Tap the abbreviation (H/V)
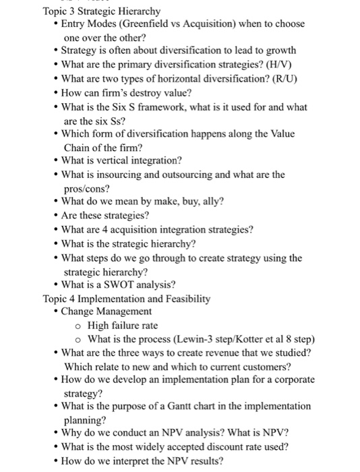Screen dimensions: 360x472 click(x=287, y=64)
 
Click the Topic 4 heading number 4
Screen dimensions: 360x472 click(x=71, y=298)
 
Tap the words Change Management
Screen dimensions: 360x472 click(x=106, y=312)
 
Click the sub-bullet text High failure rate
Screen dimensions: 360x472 click(x=123, y=325)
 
